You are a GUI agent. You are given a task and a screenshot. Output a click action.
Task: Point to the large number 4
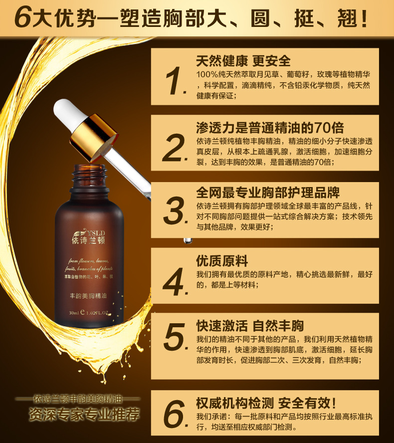[175, 282]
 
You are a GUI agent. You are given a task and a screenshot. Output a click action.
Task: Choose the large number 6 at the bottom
[175, 413]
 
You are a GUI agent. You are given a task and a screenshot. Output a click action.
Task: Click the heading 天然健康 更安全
[243, 61]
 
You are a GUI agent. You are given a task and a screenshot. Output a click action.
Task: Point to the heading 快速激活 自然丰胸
[250, 326]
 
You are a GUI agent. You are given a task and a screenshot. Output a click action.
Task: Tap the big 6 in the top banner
[23, 18]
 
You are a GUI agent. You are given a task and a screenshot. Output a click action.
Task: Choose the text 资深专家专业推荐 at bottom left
[84, 414]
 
